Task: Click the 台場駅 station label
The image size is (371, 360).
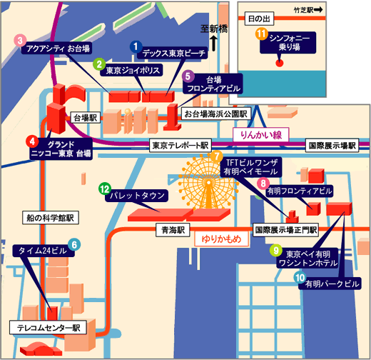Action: pyautogui.click(x=86, y=118)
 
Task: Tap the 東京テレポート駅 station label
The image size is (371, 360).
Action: pyautogui.click(x=181, y=145)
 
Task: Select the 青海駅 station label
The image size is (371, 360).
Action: pyautogui.click(x=173, y=230)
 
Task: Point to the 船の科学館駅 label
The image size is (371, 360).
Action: pyautogui.click(x=51, y=217)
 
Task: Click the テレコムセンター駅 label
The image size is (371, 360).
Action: pyautogui.click(x=48, y=327)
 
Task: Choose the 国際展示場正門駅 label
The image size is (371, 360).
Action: pyautogui.click(x=285, y=230)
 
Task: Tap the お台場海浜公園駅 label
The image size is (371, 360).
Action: pyautogui.click(x=216, y=114)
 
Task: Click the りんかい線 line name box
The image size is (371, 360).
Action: pyautogui.click(x=261, y=135)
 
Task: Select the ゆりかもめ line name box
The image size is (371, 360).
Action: pyautogui.click(x=221, y=239)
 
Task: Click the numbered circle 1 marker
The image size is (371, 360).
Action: pyautogui.click(x=136, y=46)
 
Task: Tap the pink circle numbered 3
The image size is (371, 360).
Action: pyautogui.click(x=20, y=40)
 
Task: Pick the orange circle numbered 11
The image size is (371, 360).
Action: pyautogui.click(x=262, y=34)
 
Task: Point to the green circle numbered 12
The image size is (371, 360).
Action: pyautogui.click(x=105, y=189)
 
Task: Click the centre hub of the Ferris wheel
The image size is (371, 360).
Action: pyautogui.click(x=208, y=183)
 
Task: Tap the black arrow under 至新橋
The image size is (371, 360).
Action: pyautogui.click(x=213, y=43)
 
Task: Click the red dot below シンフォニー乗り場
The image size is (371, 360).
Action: pyautogui.click(x=279, y=63)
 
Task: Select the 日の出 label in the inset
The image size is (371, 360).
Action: pyautogui.click(x=259, y=19)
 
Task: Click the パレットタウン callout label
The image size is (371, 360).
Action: pyautogui.click(x=137, y=196)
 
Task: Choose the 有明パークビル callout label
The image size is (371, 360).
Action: pyautogui.click(x=330, y=284)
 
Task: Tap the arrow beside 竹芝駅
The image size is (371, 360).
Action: pyautogui.click(x=318, y=10)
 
